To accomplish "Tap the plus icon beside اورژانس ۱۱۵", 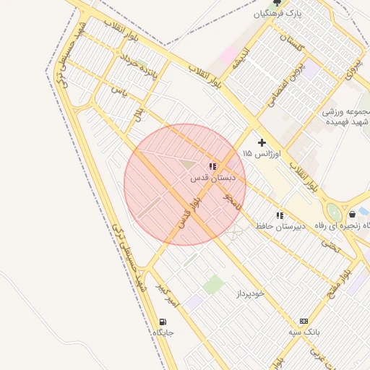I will click(x=262, y=142).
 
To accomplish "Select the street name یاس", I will click(x=119, y=92).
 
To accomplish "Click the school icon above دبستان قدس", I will click(x=212, y=166).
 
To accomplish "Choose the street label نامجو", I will click(x=233, y=201).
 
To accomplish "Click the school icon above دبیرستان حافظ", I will click(x=279, y=215).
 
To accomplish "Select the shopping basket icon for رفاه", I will click(x=352, y=215).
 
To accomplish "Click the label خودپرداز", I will click(x=251, y=293).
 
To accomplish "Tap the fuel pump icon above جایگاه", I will click(x=163, y=322).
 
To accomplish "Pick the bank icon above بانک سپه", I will click(x=303, y=322).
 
